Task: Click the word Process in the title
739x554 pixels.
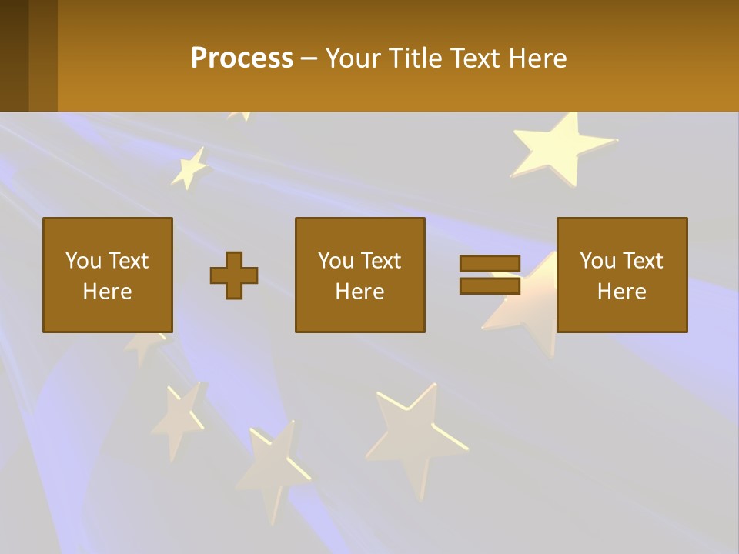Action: point(242,58)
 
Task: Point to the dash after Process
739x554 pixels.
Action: point(309,59)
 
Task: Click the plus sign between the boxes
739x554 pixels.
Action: point(234,275)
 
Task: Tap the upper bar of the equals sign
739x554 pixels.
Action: point(490,263)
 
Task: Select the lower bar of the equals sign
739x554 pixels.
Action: point(490,285)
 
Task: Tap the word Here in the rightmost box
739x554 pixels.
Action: point(622,292)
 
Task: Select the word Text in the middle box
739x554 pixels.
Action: point(381,261)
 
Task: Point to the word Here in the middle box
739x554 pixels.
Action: point(360,292)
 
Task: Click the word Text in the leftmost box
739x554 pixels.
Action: point(129,261)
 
